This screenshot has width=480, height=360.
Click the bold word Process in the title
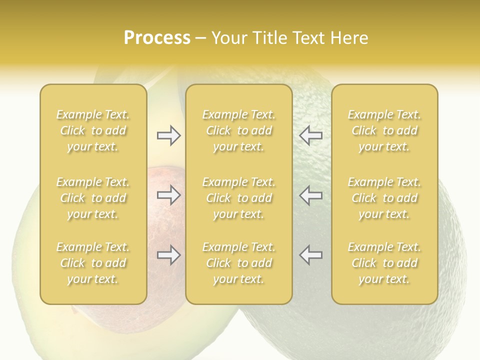click(157, 38)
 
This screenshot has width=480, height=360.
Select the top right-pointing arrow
click(169, 135)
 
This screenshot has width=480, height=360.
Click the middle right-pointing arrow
click(169, 195)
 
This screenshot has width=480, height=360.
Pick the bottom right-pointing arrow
click(169, 255)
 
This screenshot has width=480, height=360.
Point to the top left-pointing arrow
click(310, 135)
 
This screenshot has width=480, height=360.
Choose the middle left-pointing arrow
click(310, 195)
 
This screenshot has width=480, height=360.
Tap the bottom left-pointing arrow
click(310, 255)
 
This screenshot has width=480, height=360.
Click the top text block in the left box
click(93, 130)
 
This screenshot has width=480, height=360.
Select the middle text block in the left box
click(93, 198)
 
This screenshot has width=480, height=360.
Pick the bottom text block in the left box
click(93, 263)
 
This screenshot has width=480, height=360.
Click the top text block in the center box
click(239, 130)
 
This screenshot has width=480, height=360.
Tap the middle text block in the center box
click(239, 198)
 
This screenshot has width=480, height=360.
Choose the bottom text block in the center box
click(239, 263)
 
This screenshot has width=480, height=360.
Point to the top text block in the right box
click(384, 130)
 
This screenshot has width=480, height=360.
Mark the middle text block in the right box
click(384, 198)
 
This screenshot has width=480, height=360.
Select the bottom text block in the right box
click(384, 263)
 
